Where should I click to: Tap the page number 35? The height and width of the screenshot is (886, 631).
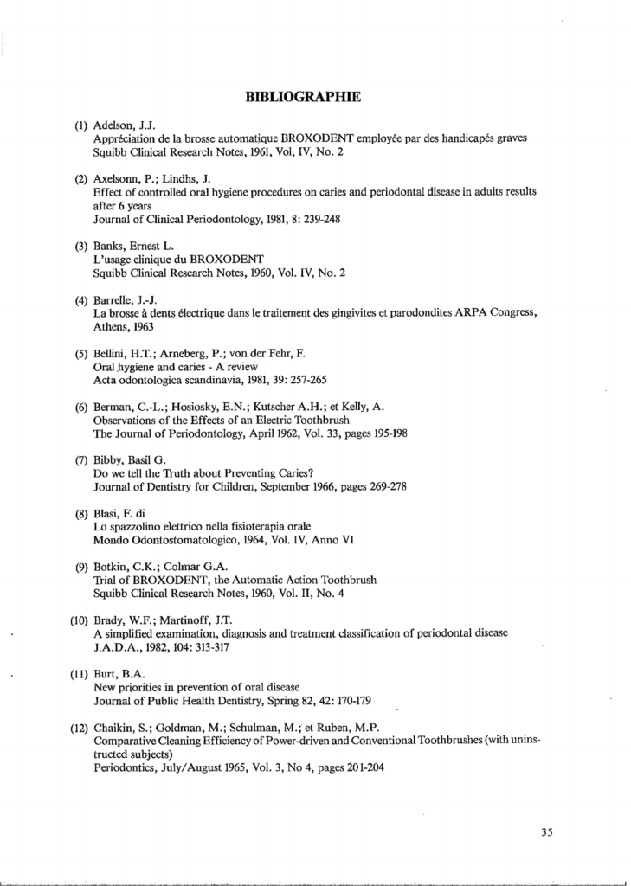point(546,832)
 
